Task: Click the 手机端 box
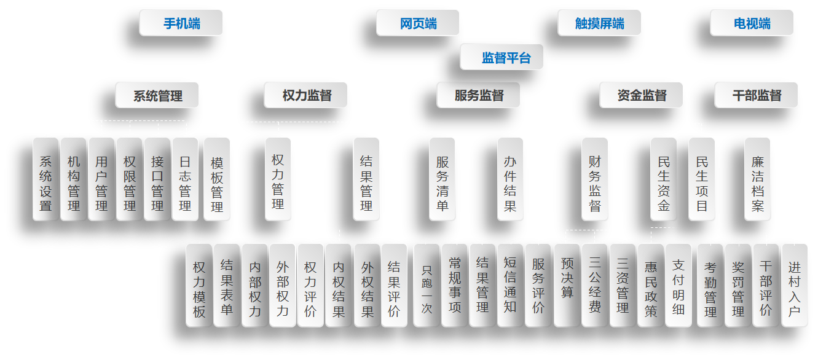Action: coord(181,23)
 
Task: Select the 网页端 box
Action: coord(418,23)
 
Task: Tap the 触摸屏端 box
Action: coord(599,23)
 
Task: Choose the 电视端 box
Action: coord(752,23)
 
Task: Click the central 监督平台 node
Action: coord(502,57)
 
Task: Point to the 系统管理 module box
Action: coord(157,95)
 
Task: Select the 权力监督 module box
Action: coord(306,95)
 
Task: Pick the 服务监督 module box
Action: coord(479,95)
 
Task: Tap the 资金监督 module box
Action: coord(642,95)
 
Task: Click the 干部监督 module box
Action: coord(757,95)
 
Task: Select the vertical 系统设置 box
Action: coord(46,179)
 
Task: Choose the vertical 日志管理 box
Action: coord(185,179)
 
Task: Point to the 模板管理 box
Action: coord(217,179)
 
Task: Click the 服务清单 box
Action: coord(442,179)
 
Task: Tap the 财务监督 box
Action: coord(595,179)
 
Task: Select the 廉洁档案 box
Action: coord(757,179)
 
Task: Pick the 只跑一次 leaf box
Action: coord(427,285)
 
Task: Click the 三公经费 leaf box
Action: coord(595,285)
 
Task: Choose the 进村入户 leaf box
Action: coord(794,285)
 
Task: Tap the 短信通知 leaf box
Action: coord(510,285)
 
